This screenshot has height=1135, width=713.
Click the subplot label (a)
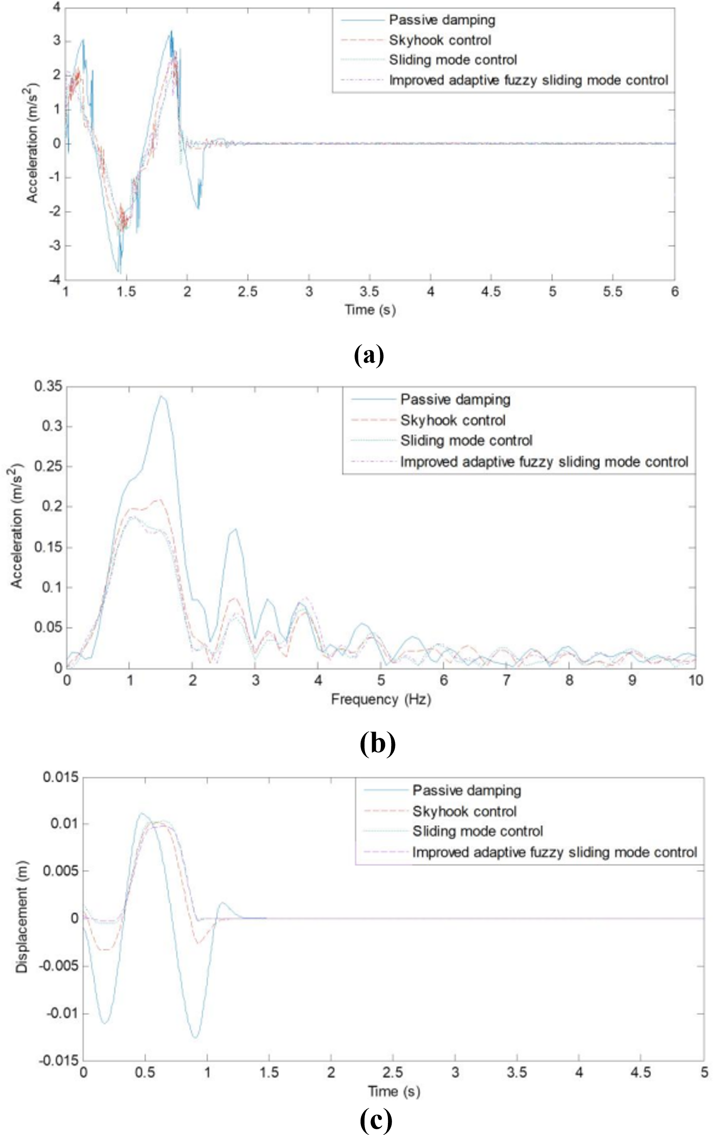coord(369,355)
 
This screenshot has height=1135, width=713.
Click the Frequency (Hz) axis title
coord(381,699)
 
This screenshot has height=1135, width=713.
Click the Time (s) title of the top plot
coord(370,310)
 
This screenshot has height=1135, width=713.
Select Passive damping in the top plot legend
coord(442,20)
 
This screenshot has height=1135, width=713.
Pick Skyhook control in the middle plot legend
coord(452,420)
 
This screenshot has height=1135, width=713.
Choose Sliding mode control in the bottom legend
coord(477,831)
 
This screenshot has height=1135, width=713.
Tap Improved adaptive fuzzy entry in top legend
coord(528,80)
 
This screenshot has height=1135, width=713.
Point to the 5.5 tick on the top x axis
coord(613,292)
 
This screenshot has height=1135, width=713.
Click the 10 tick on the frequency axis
coord(696,680)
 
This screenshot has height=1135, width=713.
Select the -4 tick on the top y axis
coord(56,280)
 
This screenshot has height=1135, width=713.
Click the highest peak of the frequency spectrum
coord(161,396)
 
